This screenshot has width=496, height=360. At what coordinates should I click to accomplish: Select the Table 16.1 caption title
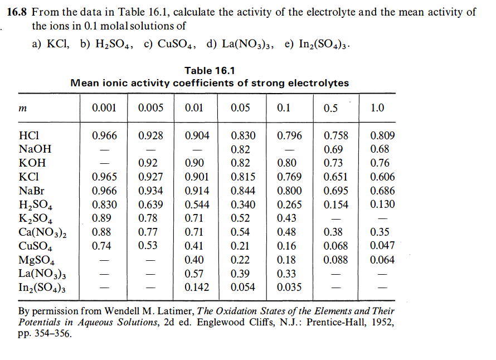tap(210, 70)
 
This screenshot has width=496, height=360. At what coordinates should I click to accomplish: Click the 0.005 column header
tap(150, 108)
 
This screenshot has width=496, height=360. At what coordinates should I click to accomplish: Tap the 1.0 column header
tap(377, 108)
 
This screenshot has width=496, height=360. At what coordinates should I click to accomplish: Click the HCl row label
tap(28, 135)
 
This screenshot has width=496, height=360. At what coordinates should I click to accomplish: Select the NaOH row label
tap(35, 149)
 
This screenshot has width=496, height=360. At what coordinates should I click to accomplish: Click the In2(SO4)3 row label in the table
tap(42, 288)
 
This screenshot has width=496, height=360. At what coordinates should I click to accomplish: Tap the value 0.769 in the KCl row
tap(289, 177)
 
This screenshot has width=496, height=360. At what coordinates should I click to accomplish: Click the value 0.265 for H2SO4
tap(289, 205)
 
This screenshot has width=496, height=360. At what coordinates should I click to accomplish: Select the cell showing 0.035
tap(289, 288)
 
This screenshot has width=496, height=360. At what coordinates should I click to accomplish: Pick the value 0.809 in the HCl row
tap(382, 135)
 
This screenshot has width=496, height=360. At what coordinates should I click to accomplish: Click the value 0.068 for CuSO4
tap(335, 246)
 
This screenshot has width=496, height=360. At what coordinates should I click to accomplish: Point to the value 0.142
tap(197, 288)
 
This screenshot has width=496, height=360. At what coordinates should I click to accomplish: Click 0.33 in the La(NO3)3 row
tap(286, 274)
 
